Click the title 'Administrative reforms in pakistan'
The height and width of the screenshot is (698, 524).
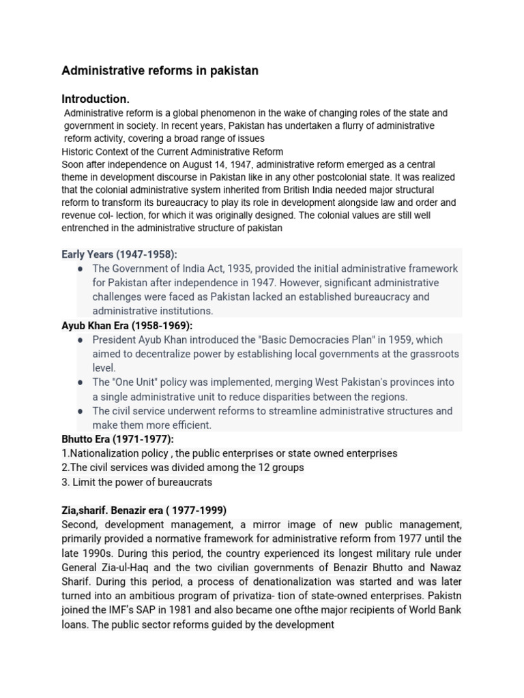point(160,71)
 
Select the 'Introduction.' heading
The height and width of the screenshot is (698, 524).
point(96,99)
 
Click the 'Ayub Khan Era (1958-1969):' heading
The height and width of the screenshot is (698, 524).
point(127,325)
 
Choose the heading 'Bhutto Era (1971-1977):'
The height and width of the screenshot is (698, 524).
point(117,439)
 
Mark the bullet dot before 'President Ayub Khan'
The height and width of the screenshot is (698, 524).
point(81,339)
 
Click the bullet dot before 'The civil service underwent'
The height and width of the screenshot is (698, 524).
point(81,411)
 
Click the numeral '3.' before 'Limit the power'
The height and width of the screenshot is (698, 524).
point(66,482)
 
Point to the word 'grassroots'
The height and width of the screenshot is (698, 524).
point(433,354)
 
